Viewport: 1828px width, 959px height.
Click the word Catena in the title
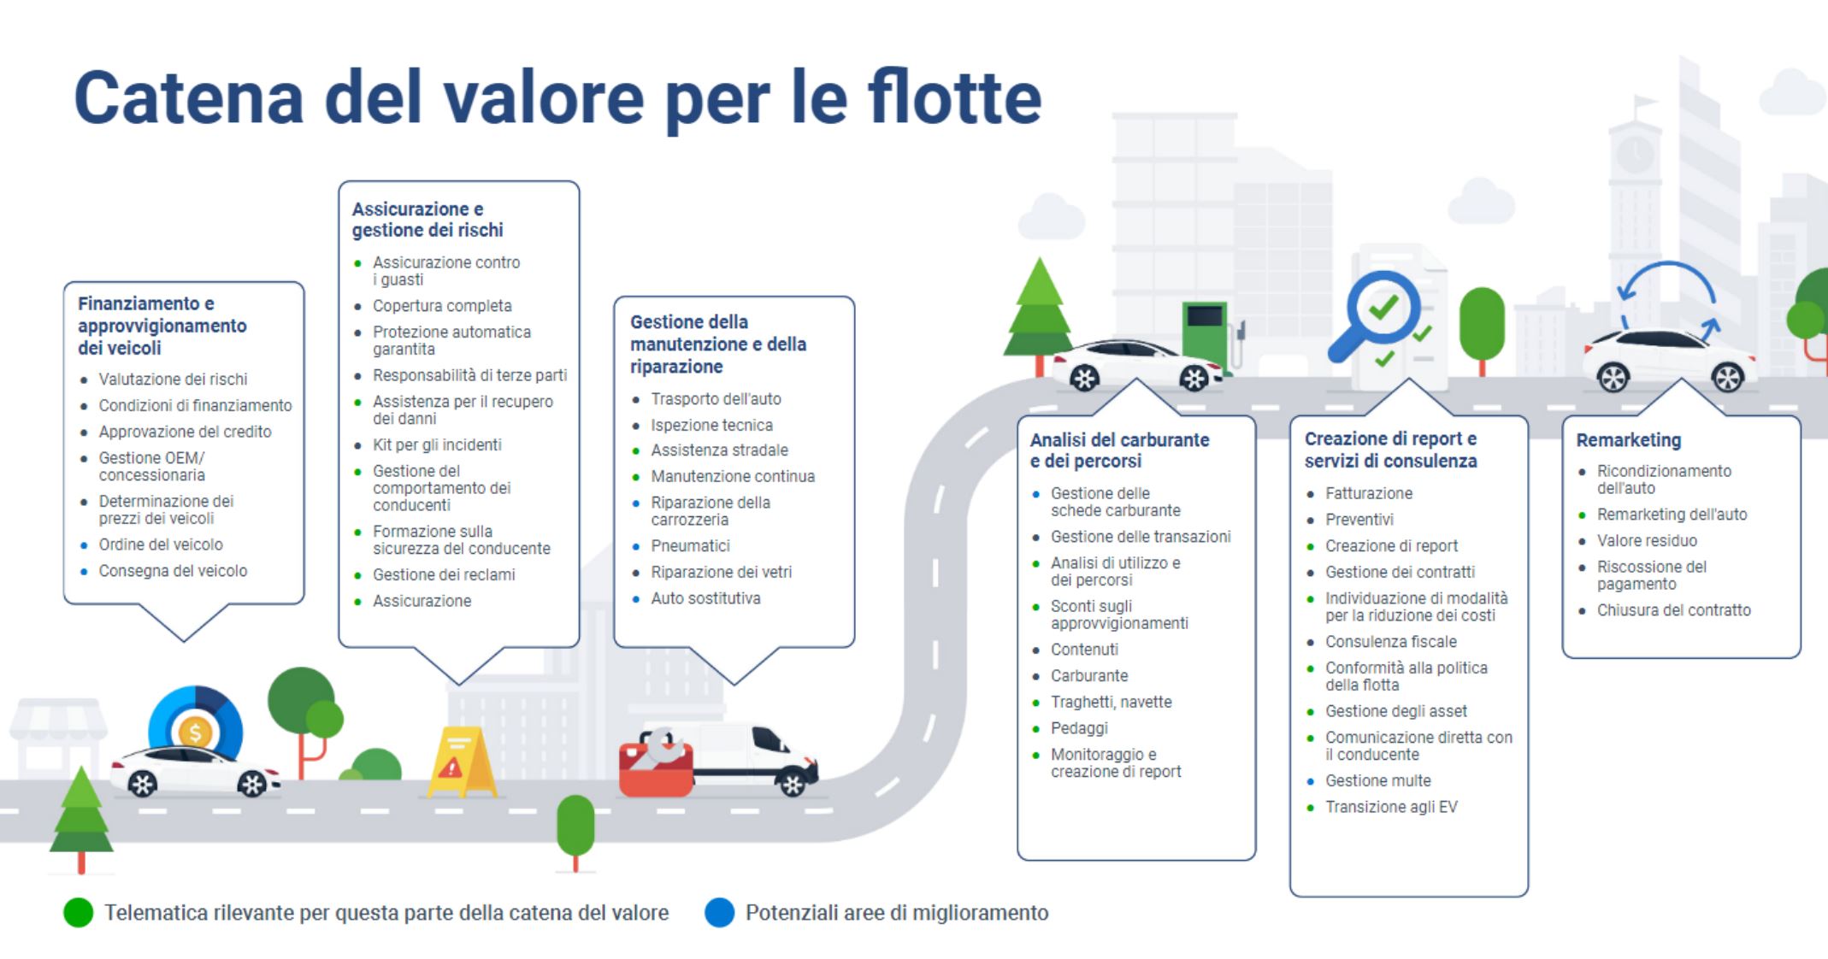[x=189, y=97]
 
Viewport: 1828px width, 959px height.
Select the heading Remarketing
[x=1628, y=440]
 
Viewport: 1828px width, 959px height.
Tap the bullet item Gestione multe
[x=1377, y=780]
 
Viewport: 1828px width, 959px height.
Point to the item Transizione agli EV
[x=1391, y=807]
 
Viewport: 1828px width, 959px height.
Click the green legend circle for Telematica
[x=78, y=913]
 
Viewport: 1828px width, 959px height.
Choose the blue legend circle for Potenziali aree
[x=719, y=913]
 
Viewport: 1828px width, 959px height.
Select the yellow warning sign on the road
[x=460, y=762]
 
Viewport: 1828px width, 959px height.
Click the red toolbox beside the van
[x=656, y=763]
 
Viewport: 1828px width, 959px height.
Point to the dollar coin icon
[x=196, y=732]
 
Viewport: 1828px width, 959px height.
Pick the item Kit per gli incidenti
[x=437, y=444]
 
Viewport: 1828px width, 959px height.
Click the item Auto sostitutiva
[x=705, y=598]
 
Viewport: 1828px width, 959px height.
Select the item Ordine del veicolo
[x=161, y=544]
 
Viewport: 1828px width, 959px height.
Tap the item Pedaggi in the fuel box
[x=1079, y=728]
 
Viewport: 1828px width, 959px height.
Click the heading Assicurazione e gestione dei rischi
[x=428, y=220]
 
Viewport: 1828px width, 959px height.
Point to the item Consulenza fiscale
[x=1391, y=642]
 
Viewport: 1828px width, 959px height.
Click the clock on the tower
[x=1635, y=154]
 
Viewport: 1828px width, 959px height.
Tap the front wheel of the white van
[x=793, y=784]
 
